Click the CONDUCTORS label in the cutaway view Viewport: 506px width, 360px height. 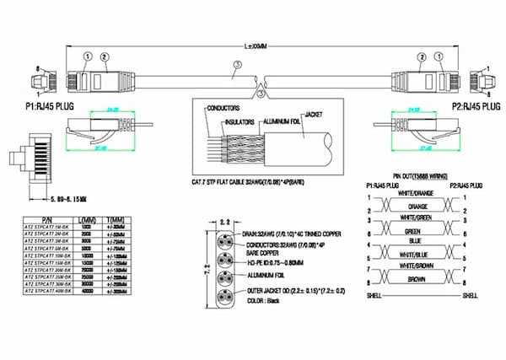223,108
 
